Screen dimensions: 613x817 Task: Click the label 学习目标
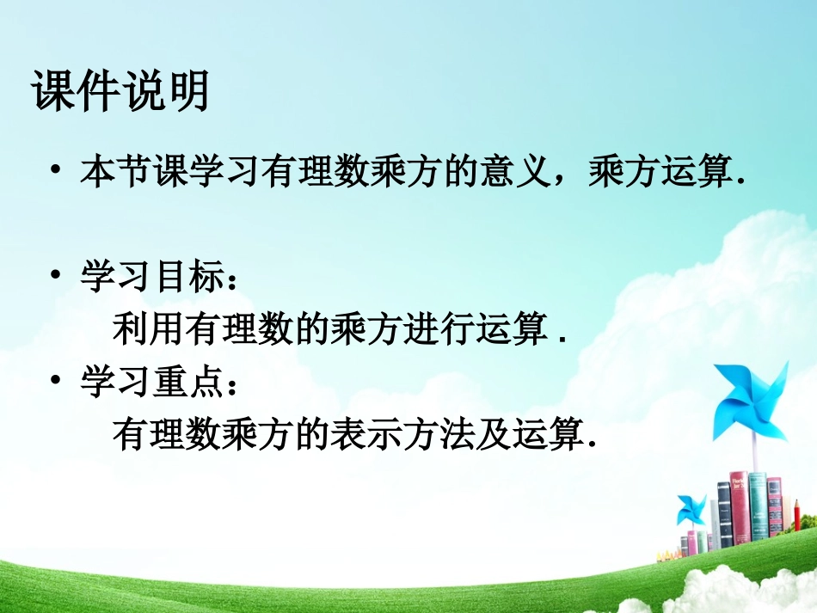(150, 277)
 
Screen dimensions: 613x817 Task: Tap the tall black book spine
(724, 516)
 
